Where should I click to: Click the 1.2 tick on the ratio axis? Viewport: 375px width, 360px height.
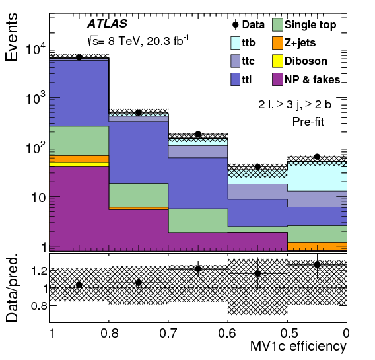point(36,270)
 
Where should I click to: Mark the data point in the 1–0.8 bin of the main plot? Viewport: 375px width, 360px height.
point(79,57)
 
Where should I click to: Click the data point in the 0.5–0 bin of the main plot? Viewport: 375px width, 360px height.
point(317,157)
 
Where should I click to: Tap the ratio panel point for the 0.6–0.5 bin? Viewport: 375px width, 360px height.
point(257,273)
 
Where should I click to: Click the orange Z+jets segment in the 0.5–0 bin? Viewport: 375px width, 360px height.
point(317,247)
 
